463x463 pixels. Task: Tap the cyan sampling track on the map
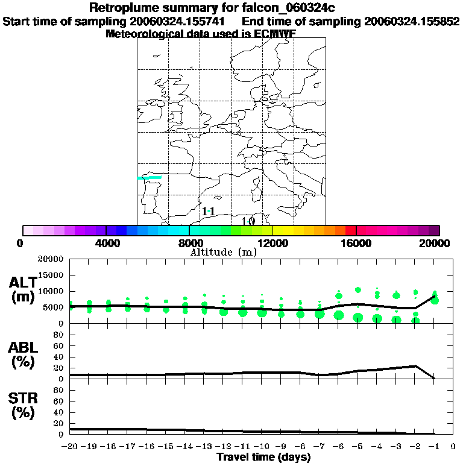click(x=150, y=178)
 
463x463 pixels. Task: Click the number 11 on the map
click(x=209, y=211)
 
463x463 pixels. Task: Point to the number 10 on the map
click(x=248, y=221)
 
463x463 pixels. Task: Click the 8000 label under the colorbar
click(x=189, y=243)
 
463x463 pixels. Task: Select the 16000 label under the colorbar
click(x=356, y=243)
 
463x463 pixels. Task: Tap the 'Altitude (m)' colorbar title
click(x=224, y=252)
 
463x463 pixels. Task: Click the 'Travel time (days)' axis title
click(x=263, y=457)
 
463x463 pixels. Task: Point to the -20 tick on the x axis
click(x=70, y=447)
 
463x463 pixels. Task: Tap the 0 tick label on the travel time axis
click(x=453, y=447)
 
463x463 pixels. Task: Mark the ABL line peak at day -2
click(x=415, y=366)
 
